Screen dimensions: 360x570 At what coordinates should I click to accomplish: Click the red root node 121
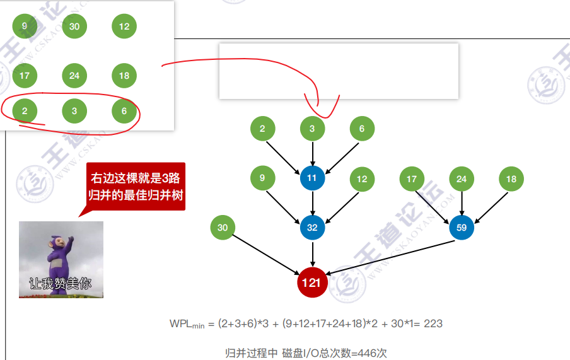coord(312,282)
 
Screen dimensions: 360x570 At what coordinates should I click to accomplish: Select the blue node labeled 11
coord(312,178)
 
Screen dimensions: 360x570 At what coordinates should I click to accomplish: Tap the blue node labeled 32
coord(312,228)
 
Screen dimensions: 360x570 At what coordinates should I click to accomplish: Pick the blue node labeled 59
coord(462,228)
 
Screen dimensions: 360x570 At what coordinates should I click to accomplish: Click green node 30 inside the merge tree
coord(223,228)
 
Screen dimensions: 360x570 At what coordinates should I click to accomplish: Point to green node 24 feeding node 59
coord(462,179)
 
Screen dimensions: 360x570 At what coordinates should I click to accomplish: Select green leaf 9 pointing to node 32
coord(262,178)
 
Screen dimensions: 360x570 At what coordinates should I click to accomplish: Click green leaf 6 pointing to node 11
coord(362,129)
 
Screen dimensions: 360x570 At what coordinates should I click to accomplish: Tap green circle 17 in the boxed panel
coord(25,76)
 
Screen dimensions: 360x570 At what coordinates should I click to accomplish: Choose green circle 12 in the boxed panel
coord(124,26)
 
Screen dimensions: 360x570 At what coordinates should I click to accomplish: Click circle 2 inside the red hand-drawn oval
coord(25,112)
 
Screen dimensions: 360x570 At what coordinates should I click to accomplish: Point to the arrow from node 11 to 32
coord(312,203)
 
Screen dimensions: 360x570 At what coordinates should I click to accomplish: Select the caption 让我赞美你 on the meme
coord(61,284)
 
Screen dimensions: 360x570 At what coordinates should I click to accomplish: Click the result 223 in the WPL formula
coord(433,323)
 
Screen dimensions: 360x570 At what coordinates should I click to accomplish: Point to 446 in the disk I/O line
coord(368,353)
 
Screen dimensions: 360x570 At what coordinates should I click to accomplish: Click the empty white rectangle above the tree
coord(339,71)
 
